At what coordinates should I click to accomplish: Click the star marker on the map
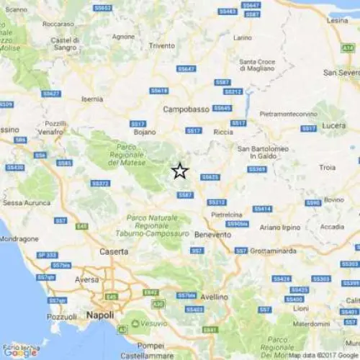[180, 171]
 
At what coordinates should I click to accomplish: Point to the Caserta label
[114, 251]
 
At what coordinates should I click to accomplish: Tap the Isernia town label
[92, 98]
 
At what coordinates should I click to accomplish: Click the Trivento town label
[162, 45]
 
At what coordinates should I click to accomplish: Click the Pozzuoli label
[62, 316]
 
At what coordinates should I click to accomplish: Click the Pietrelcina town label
[227, 215]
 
